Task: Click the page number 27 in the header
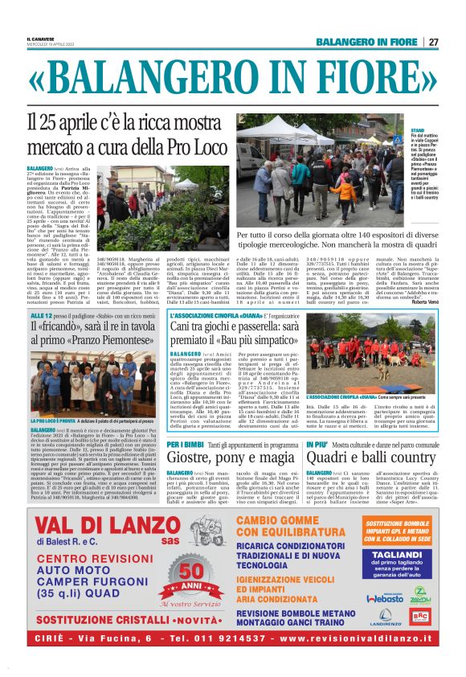tap(432, 42)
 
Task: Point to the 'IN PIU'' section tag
tap(317, 444)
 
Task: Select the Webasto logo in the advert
tap(384, 599)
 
